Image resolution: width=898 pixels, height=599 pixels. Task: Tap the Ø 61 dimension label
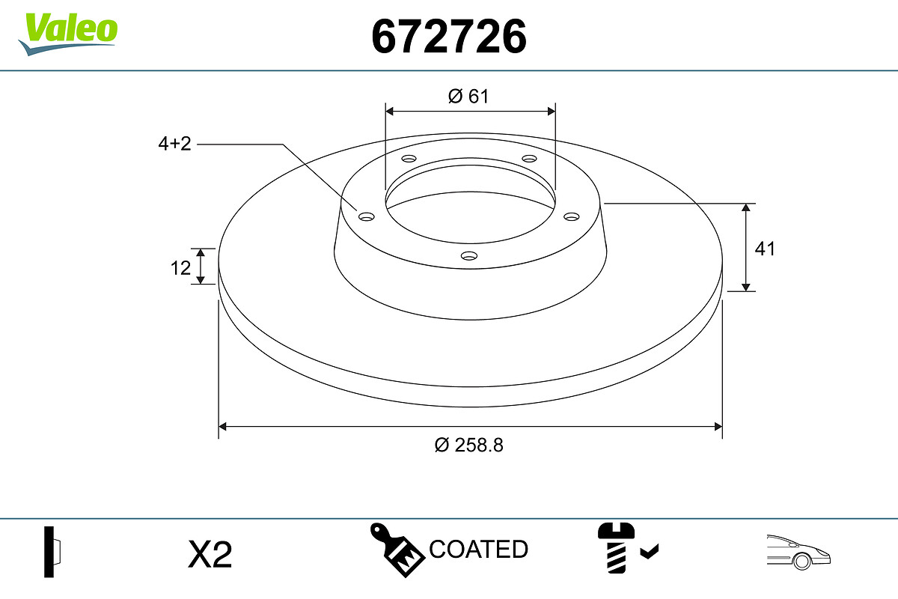(468, 96)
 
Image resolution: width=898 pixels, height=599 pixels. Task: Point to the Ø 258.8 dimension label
(469, 445)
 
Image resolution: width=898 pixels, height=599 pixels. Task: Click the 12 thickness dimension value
(180, 267)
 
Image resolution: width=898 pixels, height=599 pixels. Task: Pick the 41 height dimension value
(764, 249)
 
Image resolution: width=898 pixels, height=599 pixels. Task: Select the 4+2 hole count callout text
(174, 145)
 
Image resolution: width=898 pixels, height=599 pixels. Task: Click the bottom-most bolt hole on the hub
(469, 256)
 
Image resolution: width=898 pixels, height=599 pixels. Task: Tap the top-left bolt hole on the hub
(409, 159)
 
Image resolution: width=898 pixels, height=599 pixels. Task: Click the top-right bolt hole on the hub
(530, 159)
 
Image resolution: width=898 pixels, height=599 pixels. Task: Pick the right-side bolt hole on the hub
(572, 216)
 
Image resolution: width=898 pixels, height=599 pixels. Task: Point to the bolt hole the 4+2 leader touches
(366, 217)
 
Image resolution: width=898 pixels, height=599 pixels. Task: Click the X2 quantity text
(210, 555)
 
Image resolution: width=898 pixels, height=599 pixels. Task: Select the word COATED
(478, 550)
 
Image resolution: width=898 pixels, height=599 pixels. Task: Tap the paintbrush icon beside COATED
(397, 550)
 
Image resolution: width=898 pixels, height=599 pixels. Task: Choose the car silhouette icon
(798, 552)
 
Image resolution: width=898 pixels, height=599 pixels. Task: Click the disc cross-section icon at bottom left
(52, 552)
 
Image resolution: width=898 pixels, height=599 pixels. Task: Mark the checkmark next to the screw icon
(650, 553)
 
